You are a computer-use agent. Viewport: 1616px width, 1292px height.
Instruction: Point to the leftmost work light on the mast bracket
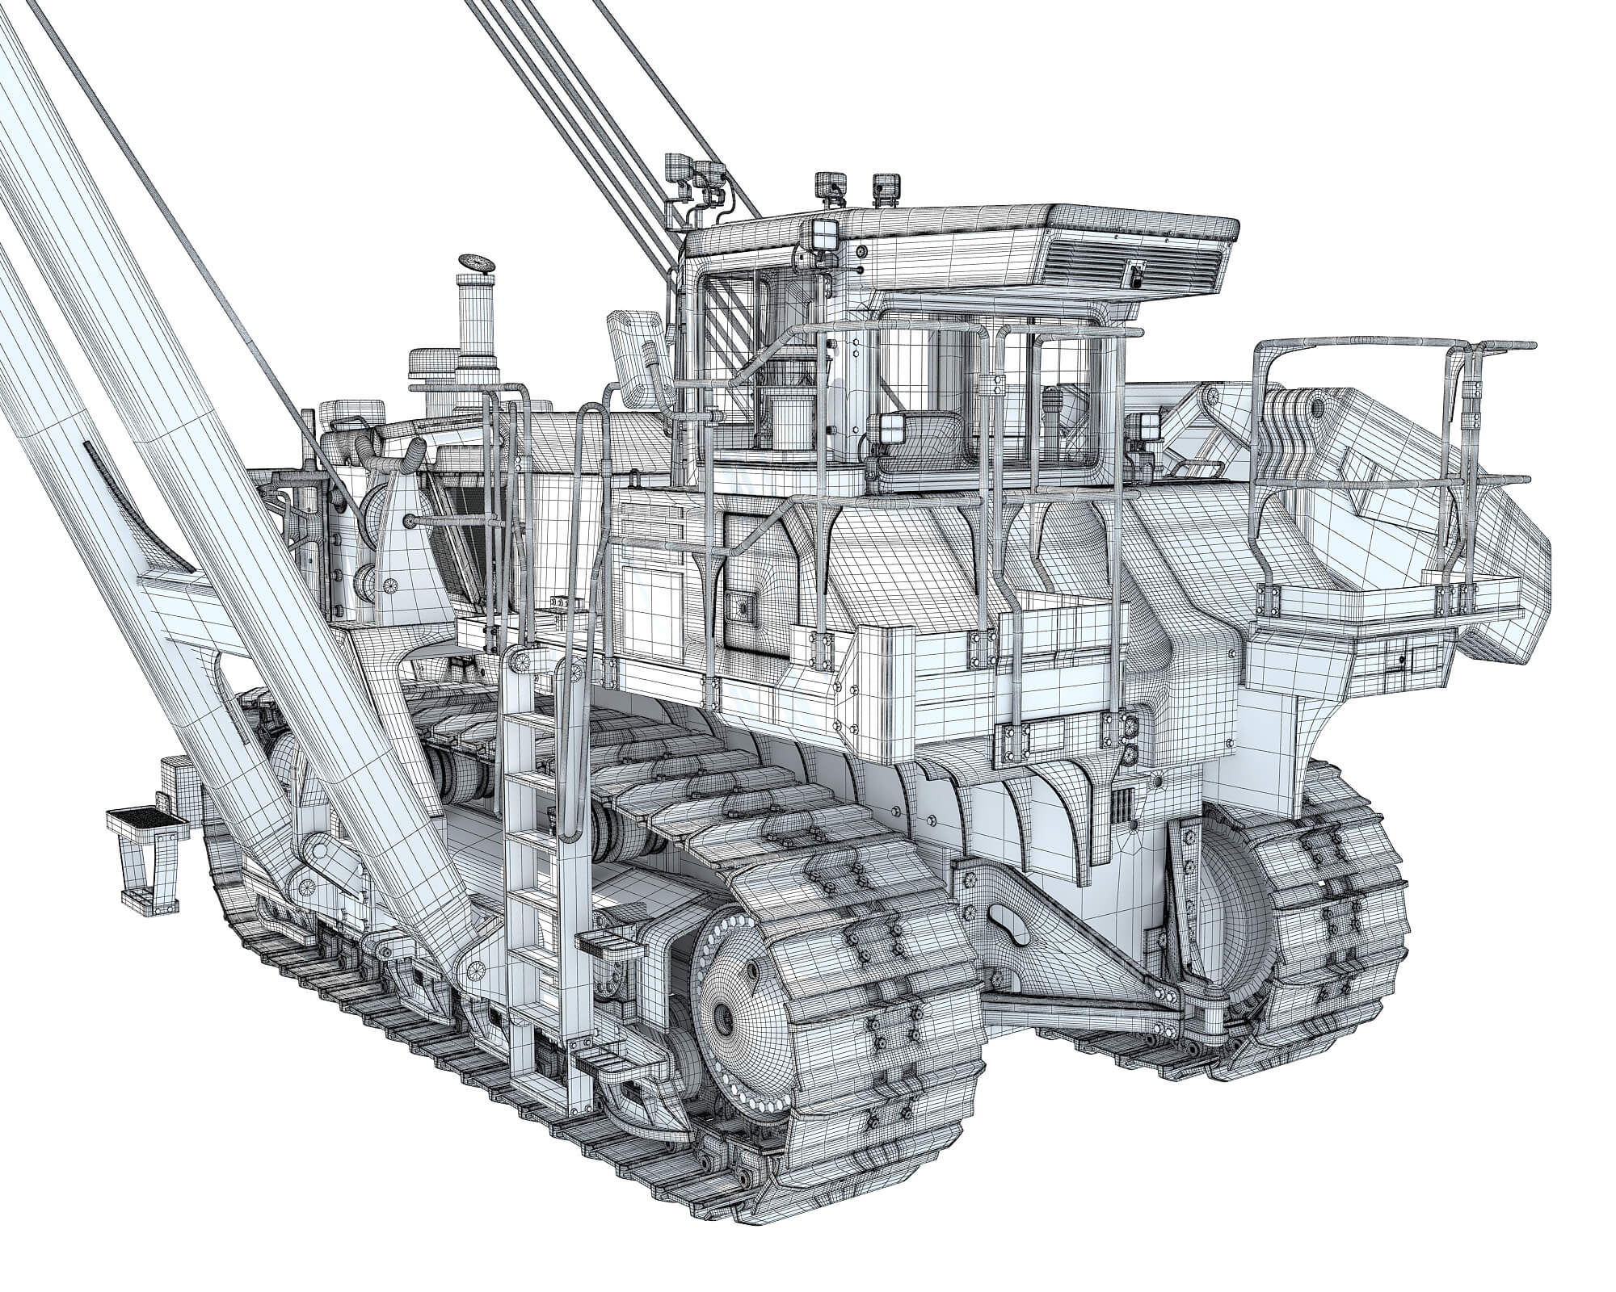click(x=675, y=170)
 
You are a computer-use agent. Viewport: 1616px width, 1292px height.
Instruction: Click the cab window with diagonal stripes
click(x=730, y=304)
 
